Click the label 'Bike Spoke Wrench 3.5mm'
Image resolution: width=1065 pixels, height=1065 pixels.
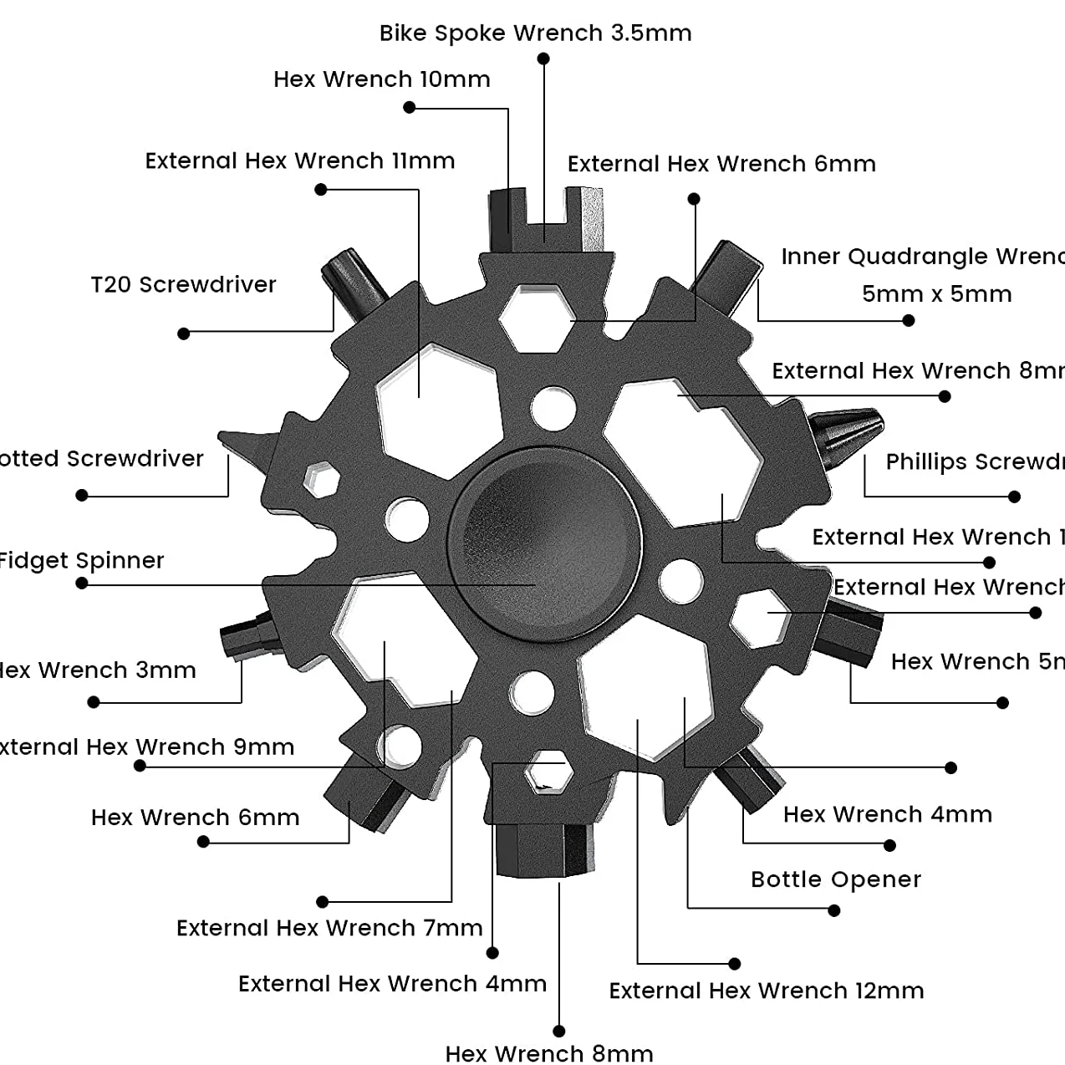pyautogui.click(x=535, y=33)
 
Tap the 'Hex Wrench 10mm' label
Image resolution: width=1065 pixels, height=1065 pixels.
pyautogui.click(x=381, y=79)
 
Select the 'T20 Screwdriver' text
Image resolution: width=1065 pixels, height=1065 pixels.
pyautogui.click(x=183, y=285)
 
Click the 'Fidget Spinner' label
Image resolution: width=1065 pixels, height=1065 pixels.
pyautogui.click(x=81, y=560)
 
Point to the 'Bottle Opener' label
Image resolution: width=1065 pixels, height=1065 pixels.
pyautogui.click(x=836, y=879)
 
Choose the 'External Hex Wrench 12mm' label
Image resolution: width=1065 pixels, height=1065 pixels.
pyautogui.click(x=766, y=991)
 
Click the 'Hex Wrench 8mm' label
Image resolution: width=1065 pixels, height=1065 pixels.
pyautogui.click(x=548, y=1053)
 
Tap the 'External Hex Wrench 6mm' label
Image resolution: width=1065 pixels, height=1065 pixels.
pyautogui.click(x=721, y=164)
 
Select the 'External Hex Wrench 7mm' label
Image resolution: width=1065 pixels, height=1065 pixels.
pyautogui.click(x=329, y=928)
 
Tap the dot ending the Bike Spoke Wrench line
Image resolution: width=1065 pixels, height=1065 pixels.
pyautogui.click(x=543, y=59)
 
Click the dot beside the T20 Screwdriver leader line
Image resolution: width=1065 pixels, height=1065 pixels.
pyautogui.click(x=184, y=334)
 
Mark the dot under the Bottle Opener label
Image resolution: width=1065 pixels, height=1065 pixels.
pyautogui.click(x=833, y=910)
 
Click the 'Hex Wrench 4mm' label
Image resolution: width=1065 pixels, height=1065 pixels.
pyautogui.click(x=887, y=814)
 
